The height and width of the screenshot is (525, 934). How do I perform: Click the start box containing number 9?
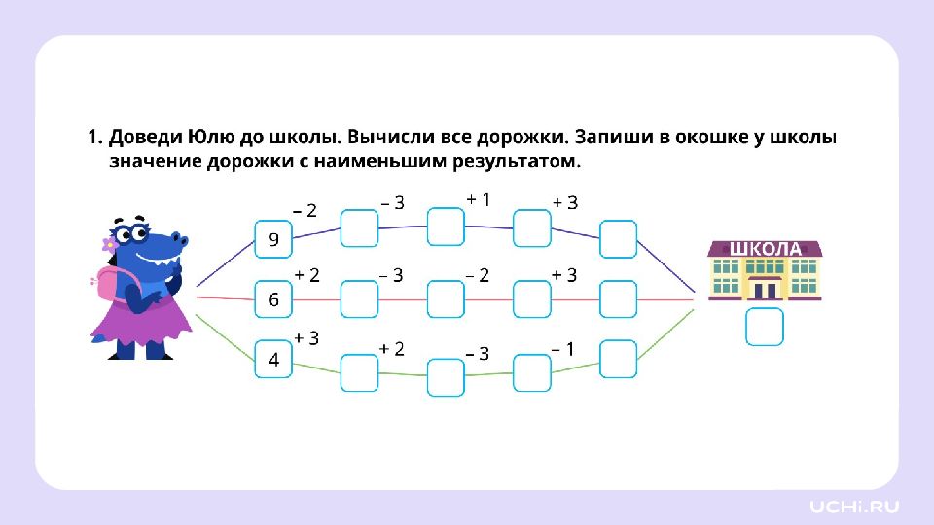click(273, 239)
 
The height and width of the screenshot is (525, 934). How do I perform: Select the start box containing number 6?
click(273, 299)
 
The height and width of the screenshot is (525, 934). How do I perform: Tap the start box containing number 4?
click(273, 359)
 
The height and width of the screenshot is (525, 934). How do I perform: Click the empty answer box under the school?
click(764, 327)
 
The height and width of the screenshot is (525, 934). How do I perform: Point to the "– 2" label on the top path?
click(305, 210)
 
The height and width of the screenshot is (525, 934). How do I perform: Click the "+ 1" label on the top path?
click(478, 199)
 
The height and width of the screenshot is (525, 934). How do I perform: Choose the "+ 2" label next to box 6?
click(306, 275)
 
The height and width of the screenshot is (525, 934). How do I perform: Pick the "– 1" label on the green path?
click(562, 348)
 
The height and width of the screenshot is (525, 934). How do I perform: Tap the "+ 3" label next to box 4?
click(306, 337)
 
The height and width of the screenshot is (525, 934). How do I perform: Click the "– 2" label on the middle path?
click(477, 275)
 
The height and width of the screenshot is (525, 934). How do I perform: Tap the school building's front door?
click(765, 289)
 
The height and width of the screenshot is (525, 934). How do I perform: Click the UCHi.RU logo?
click(855, 506)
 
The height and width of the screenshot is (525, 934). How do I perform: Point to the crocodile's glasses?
click(134, 235)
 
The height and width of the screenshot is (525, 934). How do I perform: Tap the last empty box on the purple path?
click(618, 239)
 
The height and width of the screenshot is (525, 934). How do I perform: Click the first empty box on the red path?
click(359, 299)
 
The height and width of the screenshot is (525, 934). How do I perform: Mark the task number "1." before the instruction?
click(95, 137)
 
